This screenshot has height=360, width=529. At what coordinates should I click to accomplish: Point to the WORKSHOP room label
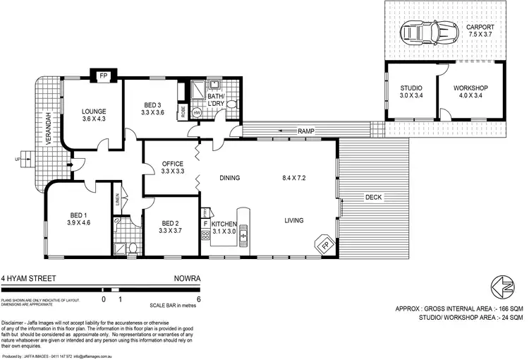coord(471,88)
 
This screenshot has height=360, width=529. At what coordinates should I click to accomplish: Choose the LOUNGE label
coord(93,112)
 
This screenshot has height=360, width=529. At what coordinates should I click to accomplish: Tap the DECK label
coord(373,198)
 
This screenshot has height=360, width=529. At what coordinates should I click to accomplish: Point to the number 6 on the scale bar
coord(200,299)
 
